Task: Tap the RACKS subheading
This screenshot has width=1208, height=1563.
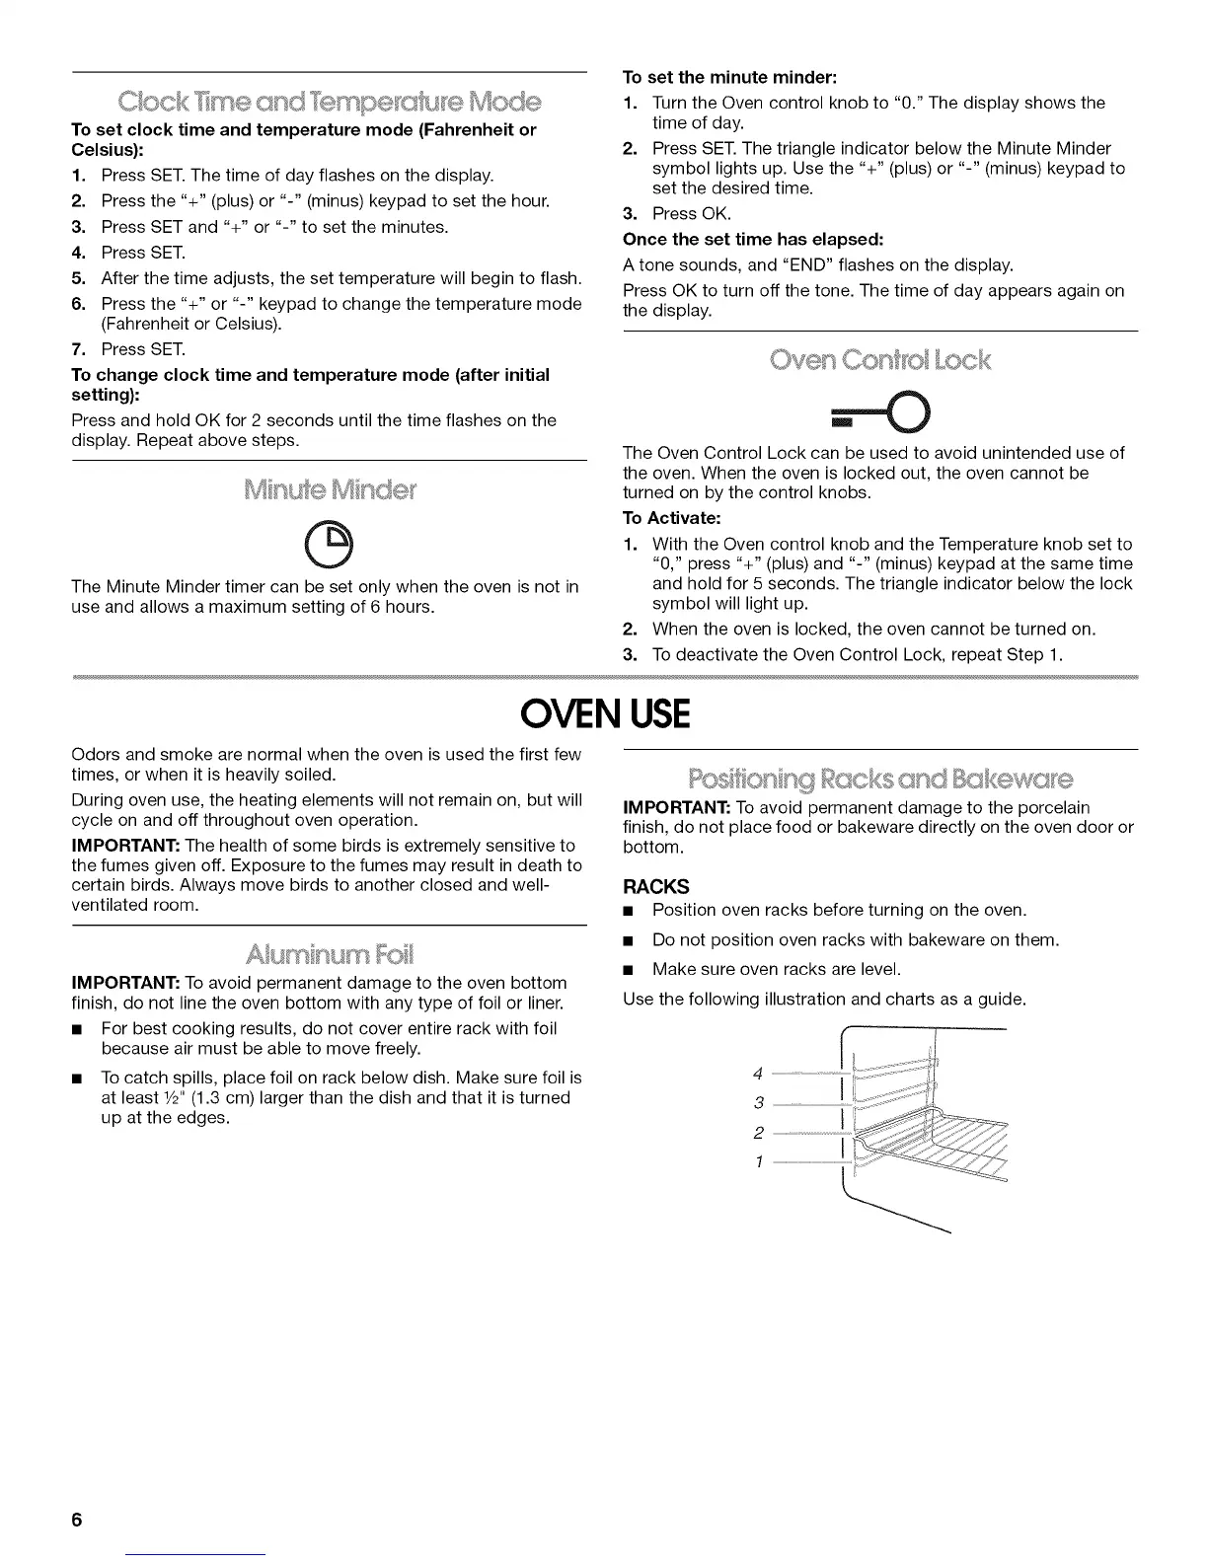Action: coord(656,886)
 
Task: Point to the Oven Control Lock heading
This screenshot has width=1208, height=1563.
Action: coord(879,359)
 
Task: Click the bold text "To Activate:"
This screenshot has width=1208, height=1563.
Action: coord(672,518)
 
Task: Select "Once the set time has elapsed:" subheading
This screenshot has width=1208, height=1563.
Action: coord(753,239)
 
